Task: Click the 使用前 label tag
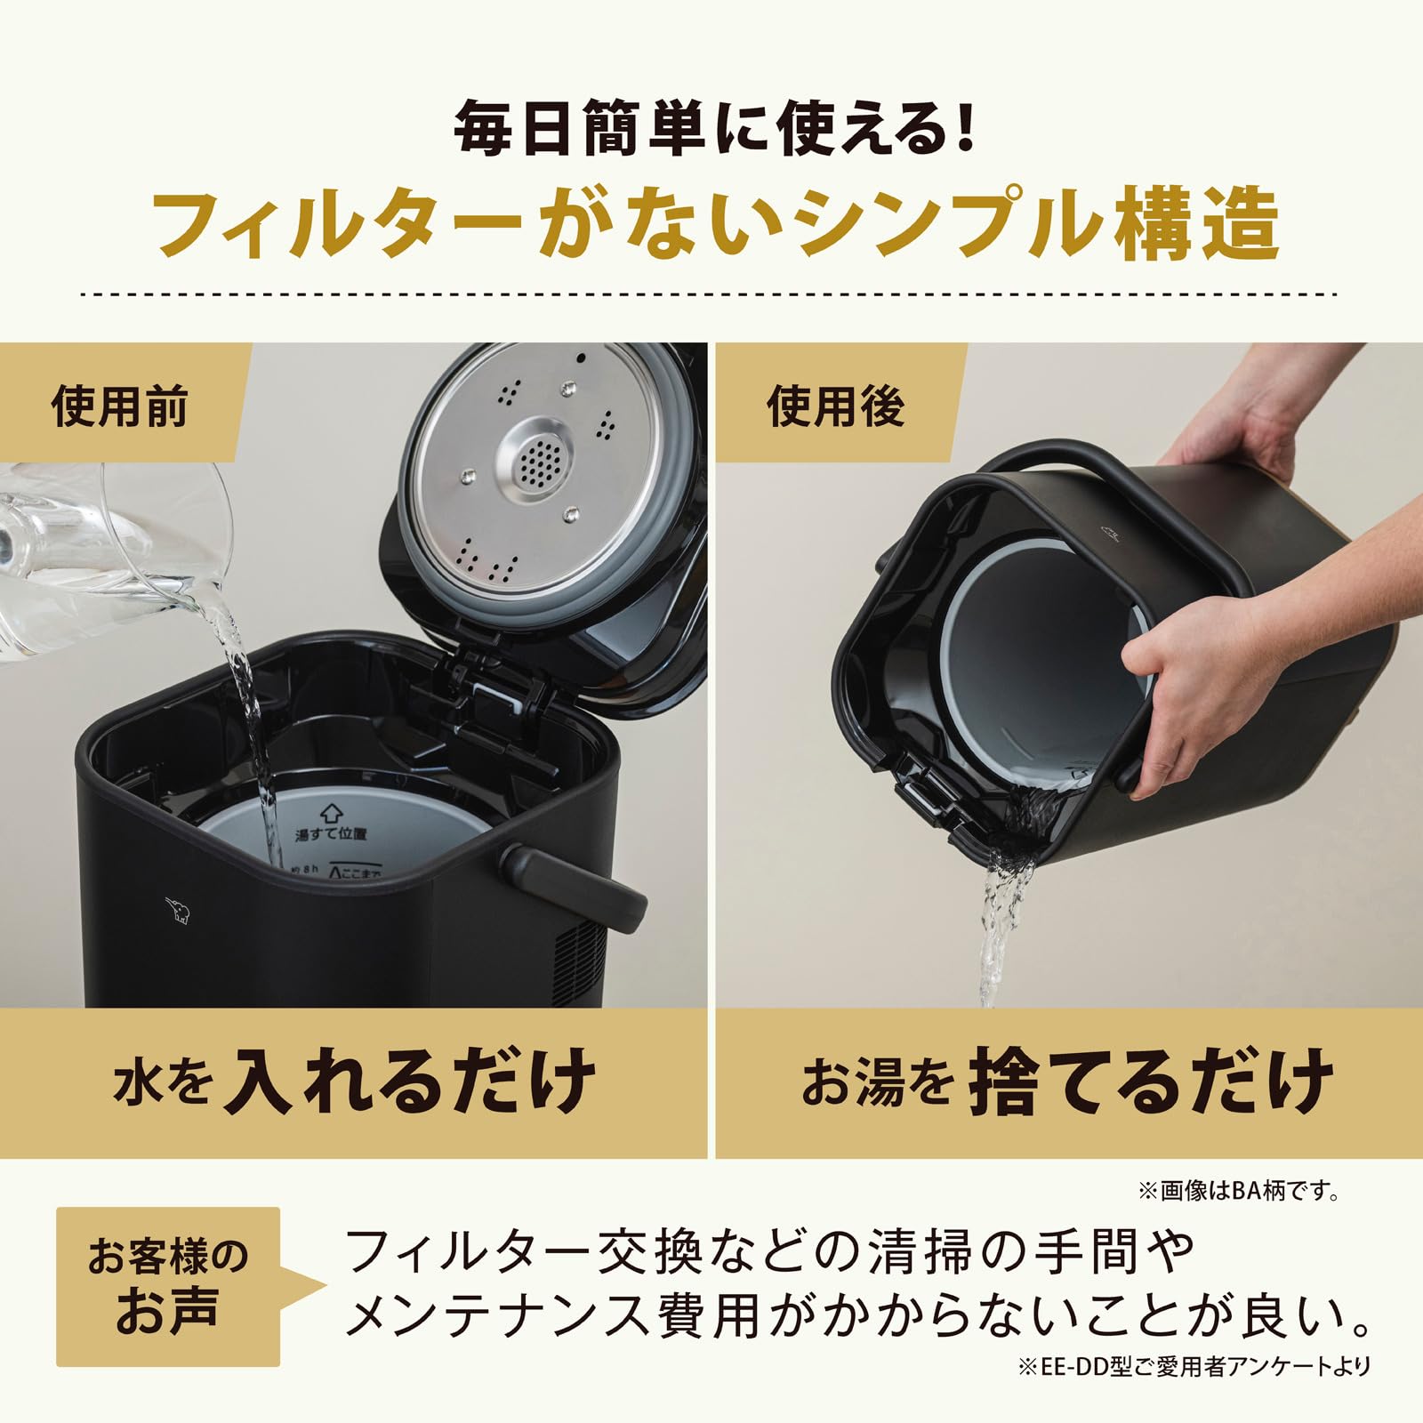(x=119, y=406)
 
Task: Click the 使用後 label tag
(x=835, y=406)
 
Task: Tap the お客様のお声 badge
(x=167, y=1285)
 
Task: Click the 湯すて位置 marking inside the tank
(x=331, y=832)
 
